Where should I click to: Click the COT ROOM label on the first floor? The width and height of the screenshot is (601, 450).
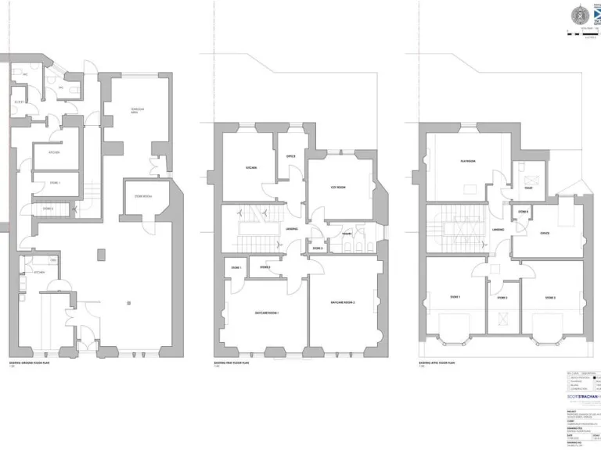click(338, 187)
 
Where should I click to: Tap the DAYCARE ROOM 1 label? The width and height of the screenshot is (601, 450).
click(267, 312)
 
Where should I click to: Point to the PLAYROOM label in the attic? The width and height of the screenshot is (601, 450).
click(470, 162)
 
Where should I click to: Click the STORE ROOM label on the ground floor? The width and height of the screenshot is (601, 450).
click(143, 197)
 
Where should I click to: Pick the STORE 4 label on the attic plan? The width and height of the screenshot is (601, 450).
click(523, 212)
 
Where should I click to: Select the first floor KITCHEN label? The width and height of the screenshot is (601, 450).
click(252, 168)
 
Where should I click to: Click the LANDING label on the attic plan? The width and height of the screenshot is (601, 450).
click(498, 230)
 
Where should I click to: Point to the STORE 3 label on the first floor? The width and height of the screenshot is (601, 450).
click(317, 248)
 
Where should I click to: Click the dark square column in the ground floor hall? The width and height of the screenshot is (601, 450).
click(101, 253)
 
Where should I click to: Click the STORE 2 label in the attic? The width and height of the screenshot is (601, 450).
click(502, 298)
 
